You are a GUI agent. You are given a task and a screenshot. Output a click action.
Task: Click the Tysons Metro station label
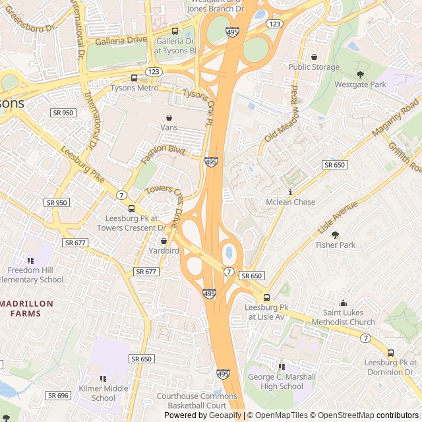(134, 88)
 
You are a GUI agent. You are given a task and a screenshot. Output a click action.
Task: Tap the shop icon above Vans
(169, 117)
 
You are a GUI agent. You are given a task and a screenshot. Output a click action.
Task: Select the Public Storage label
(314, 67)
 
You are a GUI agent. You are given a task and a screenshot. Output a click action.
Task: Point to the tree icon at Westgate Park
(360, 75)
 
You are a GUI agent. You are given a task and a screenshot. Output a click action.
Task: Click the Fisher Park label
(335, 245)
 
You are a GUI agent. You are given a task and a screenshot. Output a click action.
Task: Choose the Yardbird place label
(164, 251)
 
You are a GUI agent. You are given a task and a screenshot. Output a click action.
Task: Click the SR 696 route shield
(58, 395)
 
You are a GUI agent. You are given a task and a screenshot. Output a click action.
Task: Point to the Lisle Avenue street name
(337, 218)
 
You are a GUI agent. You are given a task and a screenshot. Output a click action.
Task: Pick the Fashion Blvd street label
(162, 155)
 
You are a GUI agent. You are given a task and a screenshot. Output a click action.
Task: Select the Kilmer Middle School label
(103, 393)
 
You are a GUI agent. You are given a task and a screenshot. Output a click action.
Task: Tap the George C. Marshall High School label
(282, 381)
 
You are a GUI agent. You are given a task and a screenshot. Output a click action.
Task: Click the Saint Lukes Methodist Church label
(348, 317)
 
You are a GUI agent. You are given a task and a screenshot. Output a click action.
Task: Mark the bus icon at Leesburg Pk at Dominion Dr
(390, 353)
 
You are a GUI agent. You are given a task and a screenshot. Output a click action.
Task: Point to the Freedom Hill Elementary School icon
(30, 260)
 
